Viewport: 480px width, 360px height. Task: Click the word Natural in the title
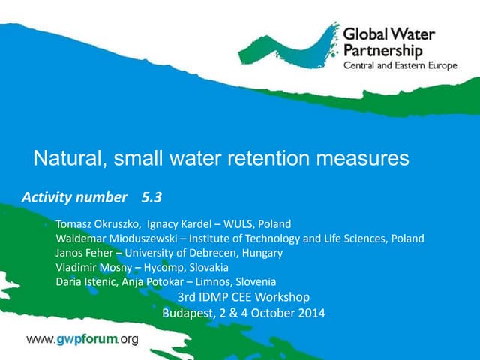(64, 159)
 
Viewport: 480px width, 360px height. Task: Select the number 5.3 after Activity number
(151, 198)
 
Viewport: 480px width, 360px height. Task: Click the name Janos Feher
(80, 253)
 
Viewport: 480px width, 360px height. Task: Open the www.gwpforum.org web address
(82, 340)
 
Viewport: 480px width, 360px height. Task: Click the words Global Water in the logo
(388, 35)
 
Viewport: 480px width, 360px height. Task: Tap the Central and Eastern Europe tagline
(400, 66)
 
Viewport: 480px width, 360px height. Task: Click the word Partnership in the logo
(382, 51)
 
